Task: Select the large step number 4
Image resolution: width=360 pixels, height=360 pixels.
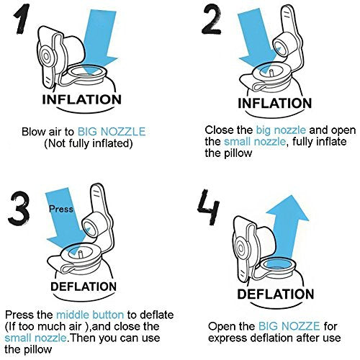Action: [x=211, y=208]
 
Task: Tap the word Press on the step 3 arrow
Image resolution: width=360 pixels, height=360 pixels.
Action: [x=60, y=210]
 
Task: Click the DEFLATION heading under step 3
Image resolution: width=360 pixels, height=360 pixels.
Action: [x=81, y=287]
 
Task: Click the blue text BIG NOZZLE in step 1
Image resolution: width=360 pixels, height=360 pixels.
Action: [x=116, y=131]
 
